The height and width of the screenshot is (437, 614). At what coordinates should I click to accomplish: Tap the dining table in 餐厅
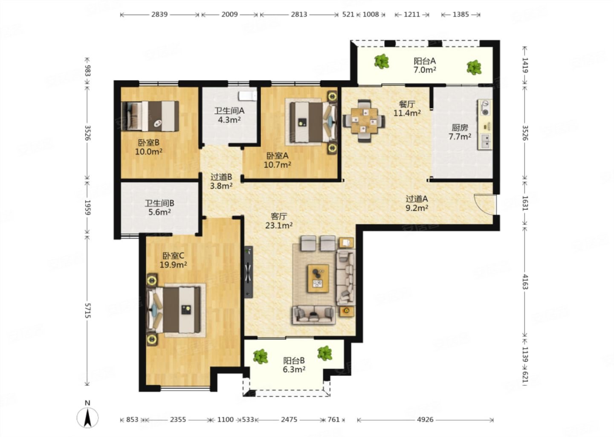[364, 121]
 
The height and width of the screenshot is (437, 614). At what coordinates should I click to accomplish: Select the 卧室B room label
[148, 143]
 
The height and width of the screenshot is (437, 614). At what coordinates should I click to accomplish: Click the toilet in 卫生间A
[247, 96]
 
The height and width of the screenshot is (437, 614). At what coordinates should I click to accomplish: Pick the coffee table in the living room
[318, 278]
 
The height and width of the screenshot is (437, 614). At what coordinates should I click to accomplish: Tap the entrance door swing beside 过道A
[485, 204]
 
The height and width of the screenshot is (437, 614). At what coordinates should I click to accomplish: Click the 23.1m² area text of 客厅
[279, 225]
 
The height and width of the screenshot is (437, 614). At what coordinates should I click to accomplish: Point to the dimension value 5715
[87, 311]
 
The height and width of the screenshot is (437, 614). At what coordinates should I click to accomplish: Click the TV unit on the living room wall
[249, 272]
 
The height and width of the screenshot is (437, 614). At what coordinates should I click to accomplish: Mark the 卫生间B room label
[159, 203]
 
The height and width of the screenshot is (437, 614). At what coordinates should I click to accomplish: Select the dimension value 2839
[159, 14]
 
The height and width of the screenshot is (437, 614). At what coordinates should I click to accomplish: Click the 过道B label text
[221, 177]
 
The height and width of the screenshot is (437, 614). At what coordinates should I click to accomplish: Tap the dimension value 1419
[525, 65]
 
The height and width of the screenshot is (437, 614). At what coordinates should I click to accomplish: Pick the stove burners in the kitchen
[485, 108]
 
